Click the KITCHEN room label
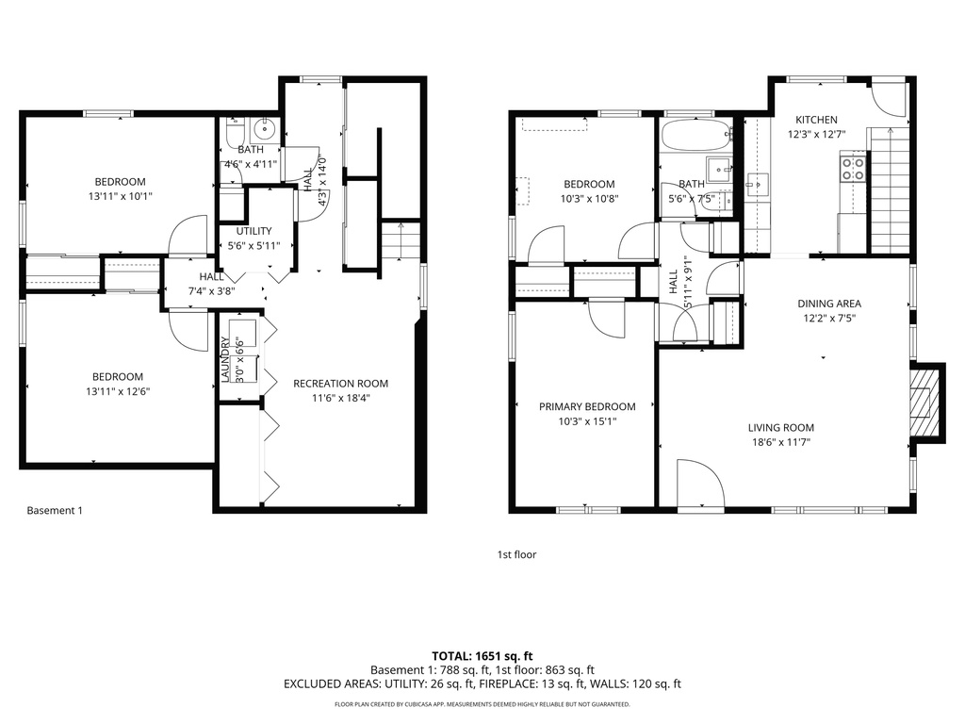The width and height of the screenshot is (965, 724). [x=816, y=120]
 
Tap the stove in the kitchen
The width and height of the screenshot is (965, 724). [x=854, y=169]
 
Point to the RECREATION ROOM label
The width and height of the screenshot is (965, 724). [x=340, y=384]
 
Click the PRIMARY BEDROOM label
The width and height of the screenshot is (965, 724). [x=587, y=407]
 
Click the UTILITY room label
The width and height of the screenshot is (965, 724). [x=254, y=231]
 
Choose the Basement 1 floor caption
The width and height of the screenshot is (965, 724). [x=55, y=511]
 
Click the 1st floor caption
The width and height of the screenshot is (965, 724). [x=516, y=555]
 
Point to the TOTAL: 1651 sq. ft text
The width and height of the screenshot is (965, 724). [x=482, y=655]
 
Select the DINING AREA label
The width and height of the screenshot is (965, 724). [x=829, y=304]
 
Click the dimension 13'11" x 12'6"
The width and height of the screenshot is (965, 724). [x=118, y=391]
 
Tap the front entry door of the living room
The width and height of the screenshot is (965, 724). [x=699, y=485]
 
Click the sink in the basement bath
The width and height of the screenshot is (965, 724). [x=268, y=129]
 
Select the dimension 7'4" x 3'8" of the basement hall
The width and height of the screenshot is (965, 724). [x=211, y=291]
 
